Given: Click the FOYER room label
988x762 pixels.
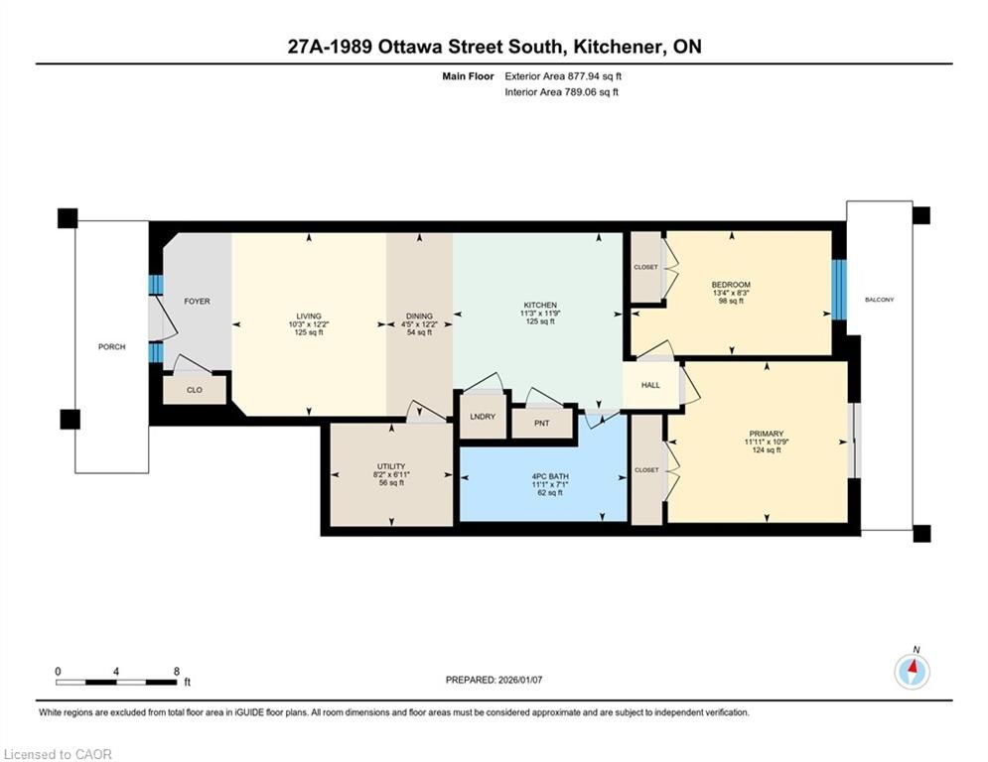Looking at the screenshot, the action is click(197, 302).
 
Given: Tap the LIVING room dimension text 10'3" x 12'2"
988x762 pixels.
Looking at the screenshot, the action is click(309, 324).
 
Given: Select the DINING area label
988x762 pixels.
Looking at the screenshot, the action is click(419, 317).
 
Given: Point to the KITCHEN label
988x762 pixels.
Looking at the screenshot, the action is click(540, 305).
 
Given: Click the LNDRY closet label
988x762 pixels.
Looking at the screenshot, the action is click(483, 417).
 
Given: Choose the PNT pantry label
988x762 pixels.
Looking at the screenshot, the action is click(542, 424).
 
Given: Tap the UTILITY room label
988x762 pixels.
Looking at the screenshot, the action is click(391, 466).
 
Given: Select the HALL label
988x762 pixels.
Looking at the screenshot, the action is click(651, 385).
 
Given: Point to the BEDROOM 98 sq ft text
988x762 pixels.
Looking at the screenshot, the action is click(731, 301).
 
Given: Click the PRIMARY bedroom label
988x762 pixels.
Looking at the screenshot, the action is click(767, 434).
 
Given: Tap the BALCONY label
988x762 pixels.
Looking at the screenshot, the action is click(879, 300).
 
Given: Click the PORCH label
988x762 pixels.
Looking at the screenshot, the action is click(111, 347).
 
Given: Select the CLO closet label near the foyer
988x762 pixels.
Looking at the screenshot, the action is click(194, 390).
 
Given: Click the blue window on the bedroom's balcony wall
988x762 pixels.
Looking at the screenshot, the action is click(839, 291).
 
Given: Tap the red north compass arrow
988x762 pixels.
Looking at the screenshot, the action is click(913, 667).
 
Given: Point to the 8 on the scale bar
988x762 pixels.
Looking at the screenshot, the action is click(177, 672).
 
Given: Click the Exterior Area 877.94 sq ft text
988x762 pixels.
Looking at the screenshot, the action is click(563, 76).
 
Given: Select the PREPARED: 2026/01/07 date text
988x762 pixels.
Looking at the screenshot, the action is click(494, 680).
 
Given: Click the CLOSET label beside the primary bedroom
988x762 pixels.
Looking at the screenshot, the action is click(646, 469).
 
